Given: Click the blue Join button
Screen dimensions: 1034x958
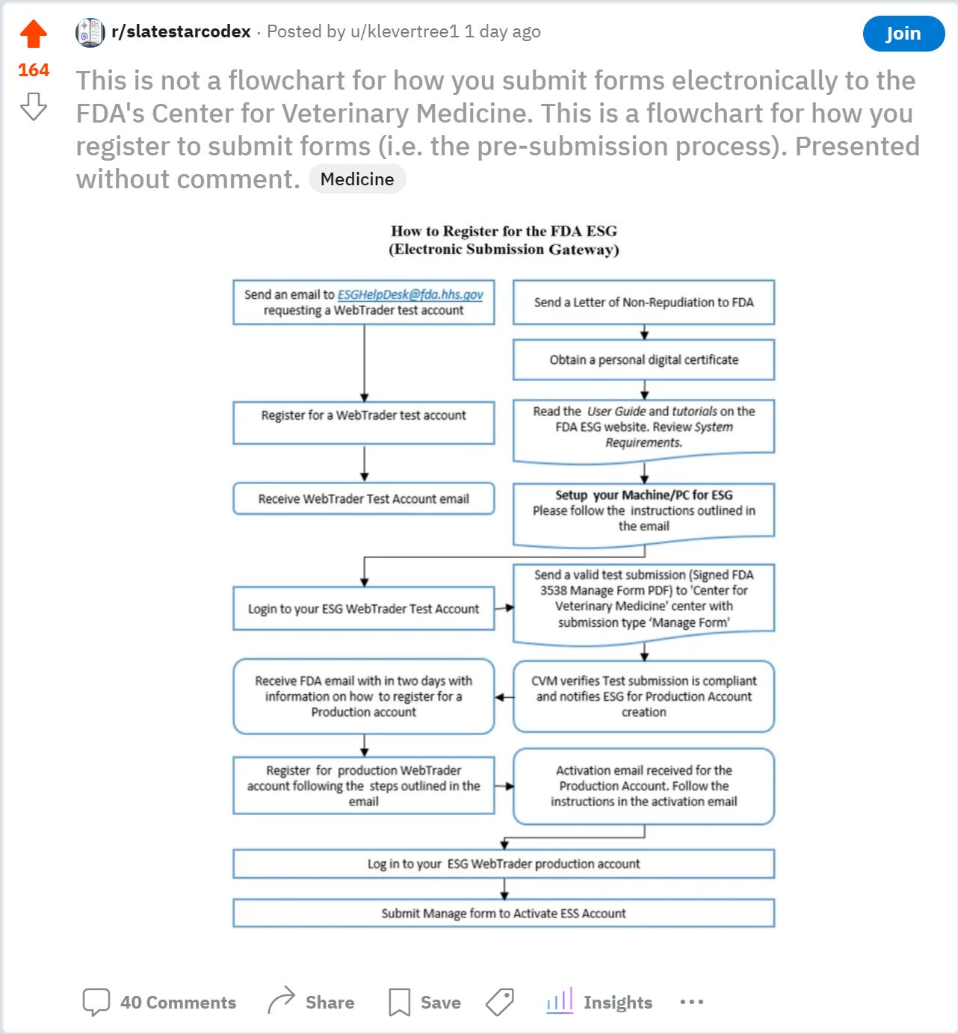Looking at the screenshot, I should (x=903, y=34).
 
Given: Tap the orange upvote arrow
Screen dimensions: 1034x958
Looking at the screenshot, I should (x=34, y=34).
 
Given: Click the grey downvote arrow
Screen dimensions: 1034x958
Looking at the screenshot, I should (x=34, y=106).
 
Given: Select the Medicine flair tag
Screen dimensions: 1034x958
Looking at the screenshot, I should (x=357, y=179).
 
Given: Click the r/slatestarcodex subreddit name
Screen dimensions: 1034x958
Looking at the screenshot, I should (x=181, y=31).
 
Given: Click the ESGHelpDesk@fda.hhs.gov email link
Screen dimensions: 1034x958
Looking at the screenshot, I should (x=410, y=294).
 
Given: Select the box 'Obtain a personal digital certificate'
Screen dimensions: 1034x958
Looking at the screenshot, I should (x=643, y=360).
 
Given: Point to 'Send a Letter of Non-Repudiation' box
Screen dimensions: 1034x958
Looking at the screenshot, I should (x=643, y=303).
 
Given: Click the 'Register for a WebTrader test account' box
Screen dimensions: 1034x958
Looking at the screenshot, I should (x=363, y=416).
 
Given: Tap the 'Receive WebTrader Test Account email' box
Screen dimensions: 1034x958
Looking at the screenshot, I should (x=363, y=499).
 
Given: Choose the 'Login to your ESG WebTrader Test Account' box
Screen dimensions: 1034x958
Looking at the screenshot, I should (x=363, y=609).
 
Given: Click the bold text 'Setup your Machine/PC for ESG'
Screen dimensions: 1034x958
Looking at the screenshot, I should (x=643, y=495).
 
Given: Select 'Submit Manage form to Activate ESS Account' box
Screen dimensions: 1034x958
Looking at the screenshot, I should (x=504, y=913).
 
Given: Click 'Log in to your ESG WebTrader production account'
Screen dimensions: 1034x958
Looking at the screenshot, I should (x=504, y=864).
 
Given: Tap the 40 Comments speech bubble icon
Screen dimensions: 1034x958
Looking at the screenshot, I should (x=96, y=1002).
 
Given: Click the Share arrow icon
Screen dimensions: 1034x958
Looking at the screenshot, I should (x=281, y=1001).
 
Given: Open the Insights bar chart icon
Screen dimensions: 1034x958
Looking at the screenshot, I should (x=560, y=1001).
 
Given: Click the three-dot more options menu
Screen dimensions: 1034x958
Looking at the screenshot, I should (x=691, y=1002).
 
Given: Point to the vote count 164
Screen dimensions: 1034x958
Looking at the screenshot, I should (x=34, y=70).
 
